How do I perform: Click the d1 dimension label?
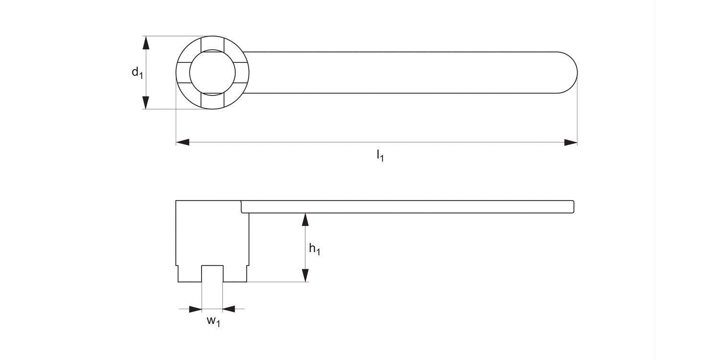coord(137,72)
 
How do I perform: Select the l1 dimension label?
coord(380,155)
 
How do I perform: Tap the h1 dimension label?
coord(314,249)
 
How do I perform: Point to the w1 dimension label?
coord(213,321)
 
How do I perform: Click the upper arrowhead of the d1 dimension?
coord(146,43)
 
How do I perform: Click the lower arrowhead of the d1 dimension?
coord(146,102)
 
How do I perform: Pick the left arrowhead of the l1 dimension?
coord(183,142)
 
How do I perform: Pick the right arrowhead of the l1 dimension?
coord(570,142)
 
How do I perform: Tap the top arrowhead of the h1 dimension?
coord(305,220)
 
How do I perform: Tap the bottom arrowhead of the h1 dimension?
coord(305,275)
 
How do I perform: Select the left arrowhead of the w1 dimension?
coord(195,309)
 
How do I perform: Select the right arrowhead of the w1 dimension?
coord(229,309)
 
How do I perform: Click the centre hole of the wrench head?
coord(212,72)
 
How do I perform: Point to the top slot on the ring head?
coord(212,43)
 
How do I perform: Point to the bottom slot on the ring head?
coord(212,101)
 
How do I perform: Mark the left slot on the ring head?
coord(183,72)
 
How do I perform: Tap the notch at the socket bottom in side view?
coord(212,274)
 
